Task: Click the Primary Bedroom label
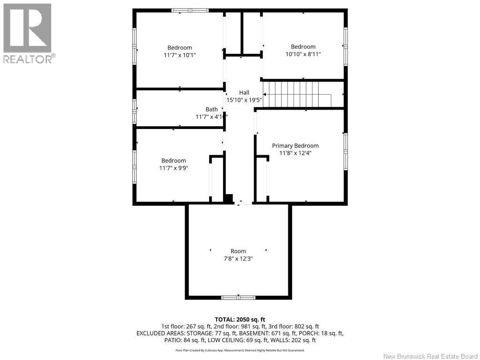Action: coord(295,146)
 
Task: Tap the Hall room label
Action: coord(244,92)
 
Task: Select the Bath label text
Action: coord(211,109)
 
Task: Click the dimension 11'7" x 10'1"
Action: coord(180,55)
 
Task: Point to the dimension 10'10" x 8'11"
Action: coord(303,54)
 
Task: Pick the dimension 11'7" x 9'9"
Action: coord(173,168)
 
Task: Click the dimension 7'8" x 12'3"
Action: coord(238,258)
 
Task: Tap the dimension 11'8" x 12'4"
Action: coord(295,153)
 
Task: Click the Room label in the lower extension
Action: coord(238,251)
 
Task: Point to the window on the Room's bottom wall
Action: coord(238,297)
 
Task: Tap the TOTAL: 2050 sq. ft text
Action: coord(240,319)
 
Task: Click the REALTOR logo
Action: coord(28,33)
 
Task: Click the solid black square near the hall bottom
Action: coord(229,198)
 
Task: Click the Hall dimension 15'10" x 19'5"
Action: coord(244,100)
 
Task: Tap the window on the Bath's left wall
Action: coord(135,111)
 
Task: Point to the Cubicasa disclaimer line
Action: coord(240,350)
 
